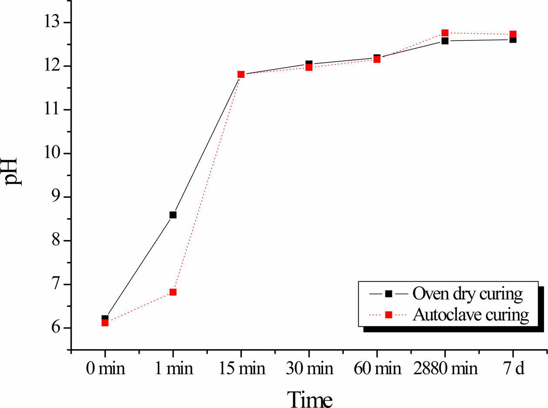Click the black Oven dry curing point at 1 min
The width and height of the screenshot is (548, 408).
(173, 215)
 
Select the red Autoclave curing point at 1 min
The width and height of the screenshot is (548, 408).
(173, 292)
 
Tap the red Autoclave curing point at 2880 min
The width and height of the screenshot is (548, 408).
(445, 33)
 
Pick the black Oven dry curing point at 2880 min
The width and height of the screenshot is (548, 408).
(445, 41)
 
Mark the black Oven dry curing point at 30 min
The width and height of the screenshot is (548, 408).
(309, 64)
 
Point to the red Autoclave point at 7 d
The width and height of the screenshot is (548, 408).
(513, 34)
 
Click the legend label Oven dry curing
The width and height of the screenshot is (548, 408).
(468, 294)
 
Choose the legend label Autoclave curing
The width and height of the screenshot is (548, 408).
(471, 314)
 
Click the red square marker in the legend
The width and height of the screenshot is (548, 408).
(389, 314)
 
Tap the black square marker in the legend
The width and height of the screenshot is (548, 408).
(389, 294)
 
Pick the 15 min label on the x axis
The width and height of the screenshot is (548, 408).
(241, 369)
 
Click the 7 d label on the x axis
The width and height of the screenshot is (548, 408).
(513, 369)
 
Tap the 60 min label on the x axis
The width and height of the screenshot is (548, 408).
(377, 369)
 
